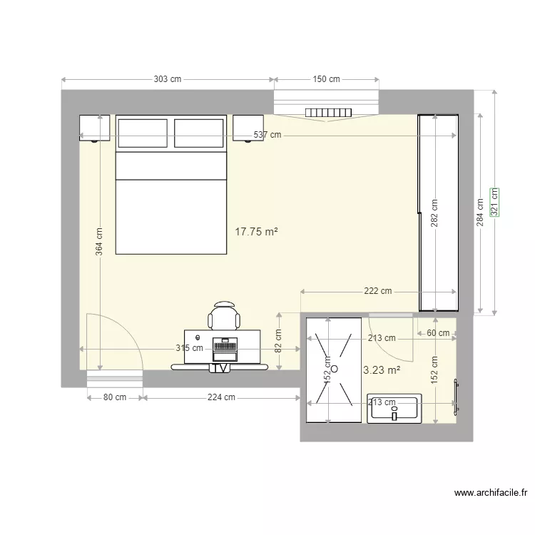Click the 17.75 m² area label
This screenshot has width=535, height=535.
(256, 231)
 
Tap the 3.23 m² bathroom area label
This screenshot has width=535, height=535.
(382, 370)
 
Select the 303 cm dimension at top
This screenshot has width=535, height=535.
(167, 79)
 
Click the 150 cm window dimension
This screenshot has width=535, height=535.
(326, 79)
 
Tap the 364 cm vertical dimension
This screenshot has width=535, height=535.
(99, 241)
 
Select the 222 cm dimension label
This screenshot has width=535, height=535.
(377, 291)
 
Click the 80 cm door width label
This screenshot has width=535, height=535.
(116, 397)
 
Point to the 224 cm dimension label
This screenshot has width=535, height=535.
(221, 397)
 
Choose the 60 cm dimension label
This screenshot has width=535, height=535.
(438, 333)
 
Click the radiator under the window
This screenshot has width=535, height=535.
(329, 112)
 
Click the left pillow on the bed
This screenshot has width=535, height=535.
(143, 133)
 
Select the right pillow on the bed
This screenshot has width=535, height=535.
(198, 133)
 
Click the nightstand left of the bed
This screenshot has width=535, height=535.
(94, 128)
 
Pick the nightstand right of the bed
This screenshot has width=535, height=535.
(248, 128)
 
